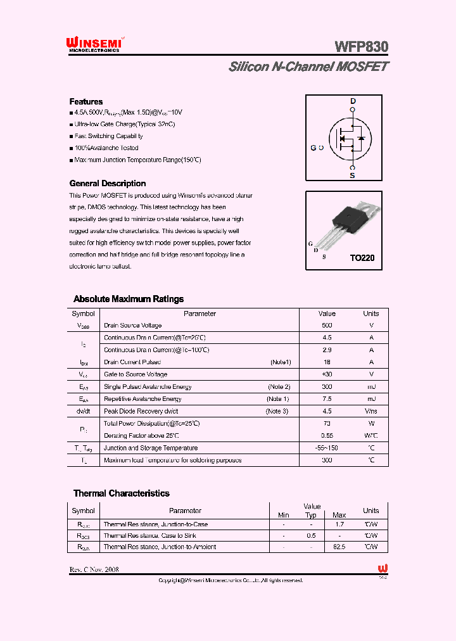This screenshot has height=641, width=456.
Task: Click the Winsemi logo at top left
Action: point(96,42)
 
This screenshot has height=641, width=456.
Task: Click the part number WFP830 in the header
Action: point(361,47)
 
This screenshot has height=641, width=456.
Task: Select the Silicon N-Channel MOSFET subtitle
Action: point(308,67)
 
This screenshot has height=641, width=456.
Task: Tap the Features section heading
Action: point(85,101)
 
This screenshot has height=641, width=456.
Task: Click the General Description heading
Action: point(107,183)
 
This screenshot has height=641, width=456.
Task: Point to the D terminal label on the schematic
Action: point(353,101)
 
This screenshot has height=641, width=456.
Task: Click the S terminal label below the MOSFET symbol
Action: point(353,175)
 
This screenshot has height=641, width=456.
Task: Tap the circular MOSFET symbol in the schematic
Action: point(348,138)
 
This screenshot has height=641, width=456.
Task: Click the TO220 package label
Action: point(362,258)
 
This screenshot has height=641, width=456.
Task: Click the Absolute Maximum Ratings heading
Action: point(129,299)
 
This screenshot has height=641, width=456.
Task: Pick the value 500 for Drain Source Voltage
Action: point(327,326)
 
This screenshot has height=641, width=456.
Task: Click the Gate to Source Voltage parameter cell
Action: point(135,374)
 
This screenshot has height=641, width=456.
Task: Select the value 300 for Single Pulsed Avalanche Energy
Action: point(327,386)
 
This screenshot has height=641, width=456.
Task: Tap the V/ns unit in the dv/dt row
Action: point(370,411)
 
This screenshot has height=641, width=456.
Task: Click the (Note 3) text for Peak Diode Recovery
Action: point(277,411)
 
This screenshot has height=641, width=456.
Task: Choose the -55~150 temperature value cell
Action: point(327,448)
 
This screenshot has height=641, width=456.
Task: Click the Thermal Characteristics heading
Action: point(121,493)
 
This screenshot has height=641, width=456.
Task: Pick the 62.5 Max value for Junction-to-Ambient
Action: point(339,547)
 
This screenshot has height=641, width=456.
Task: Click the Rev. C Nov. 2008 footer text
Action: point(94,569)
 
